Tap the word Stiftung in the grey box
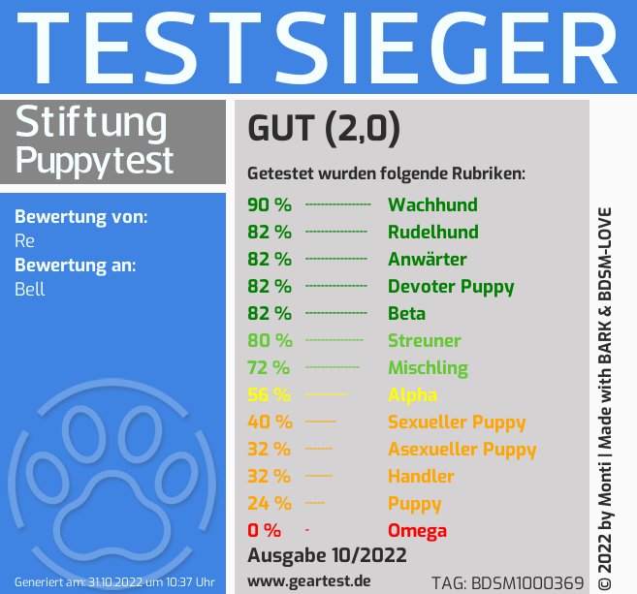tap(92, 123)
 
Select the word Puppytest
tap(95, 159)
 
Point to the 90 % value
tap(269, 204)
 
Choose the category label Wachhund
tap(432, 204)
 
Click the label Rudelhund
tap(432, 232)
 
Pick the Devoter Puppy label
tap(451, 286)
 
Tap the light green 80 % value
tap(270, 340)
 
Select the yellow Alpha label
tap(412, 394)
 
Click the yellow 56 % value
tap(270, 394)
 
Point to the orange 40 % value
tap(270, 422)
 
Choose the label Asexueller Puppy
tap(462, 449)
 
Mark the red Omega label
tap(417, 530)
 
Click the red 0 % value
tap(264, 530)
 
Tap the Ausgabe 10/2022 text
tap(327, 555)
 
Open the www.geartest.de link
tap(309, 580)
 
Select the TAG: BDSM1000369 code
tap(507, 582)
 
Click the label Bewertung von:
tap(81, 216)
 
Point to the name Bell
tap(30, 289)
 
